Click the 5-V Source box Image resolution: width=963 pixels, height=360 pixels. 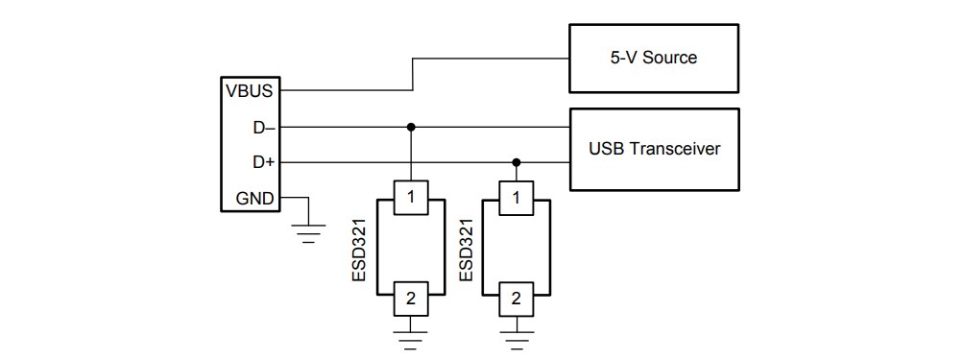pos(654,57)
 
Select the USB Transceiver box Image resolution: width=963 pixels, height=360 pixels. pos(654,149)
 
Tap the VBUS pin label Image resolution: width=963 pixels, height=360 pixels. pos(249,91)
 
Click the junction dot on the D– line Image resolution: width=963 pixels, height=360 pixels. pos(411,127)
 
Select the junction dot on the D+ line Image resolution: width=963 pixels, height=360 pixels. pos(517,163)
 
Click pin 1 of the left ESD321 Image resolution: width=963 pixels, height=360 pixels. pos(411,199)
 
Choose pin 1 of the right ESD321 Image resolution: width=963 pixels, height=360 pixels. pos(517,199)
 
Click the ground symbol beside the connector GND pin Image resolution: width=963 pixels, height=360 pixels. pos(307,233)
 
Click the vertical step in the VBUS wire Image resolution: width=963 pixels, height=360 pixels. pos(413,74)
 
